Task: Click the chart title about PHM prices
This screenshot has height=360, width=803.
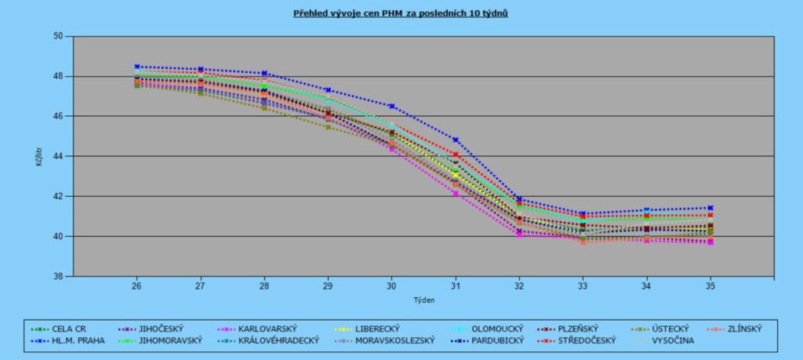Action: click(x=400, y=14)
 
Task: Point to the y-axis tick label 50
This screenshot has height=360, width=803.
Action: click(x=57, y=37)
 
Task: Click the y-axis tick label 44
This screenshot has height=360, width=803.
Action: click(x=57, y=156)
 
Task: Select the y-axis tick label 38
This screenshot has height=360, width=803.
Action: click(x=57, y=276)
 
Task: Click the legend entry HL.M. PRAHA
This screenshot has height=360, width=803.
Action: click(x=78, y=340)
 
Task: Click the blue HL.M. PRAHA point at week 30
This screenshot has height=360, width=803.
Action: click(x=391, y=106)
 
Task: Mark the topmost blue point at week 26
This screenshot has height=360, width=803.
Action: click(x=136, y=67)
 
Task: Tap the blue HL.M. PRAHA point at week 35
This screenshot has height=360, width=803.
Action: click(x=710, y=208)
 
